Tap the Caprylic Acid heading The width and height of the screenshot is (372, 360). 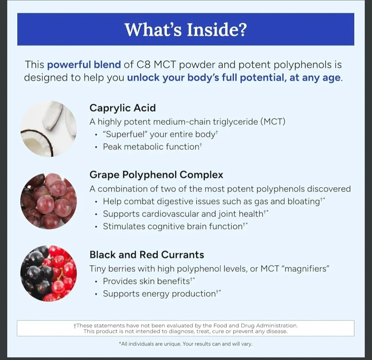pos(123,108)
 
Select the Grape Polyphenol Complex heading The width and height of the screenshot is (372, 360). pos(156,175)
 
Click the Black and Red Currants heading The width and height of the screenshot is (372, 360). pos(147,255)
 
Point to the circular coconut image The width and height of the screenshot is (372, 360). pos(49,129)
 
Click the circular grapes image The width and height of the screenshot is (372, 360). pos(49,201)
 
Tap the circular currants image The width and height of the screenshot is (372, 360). pos(49,274)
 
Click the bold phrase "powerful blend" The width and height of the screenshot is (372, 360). pos(84,65)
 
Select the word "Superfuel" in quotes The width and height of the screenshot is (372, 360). pos(125,134)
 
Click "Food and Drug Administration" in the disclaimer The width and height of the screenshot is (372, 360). pos(255,326)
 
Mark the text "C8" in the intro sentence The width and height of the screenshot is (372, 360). pos(144,65)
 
